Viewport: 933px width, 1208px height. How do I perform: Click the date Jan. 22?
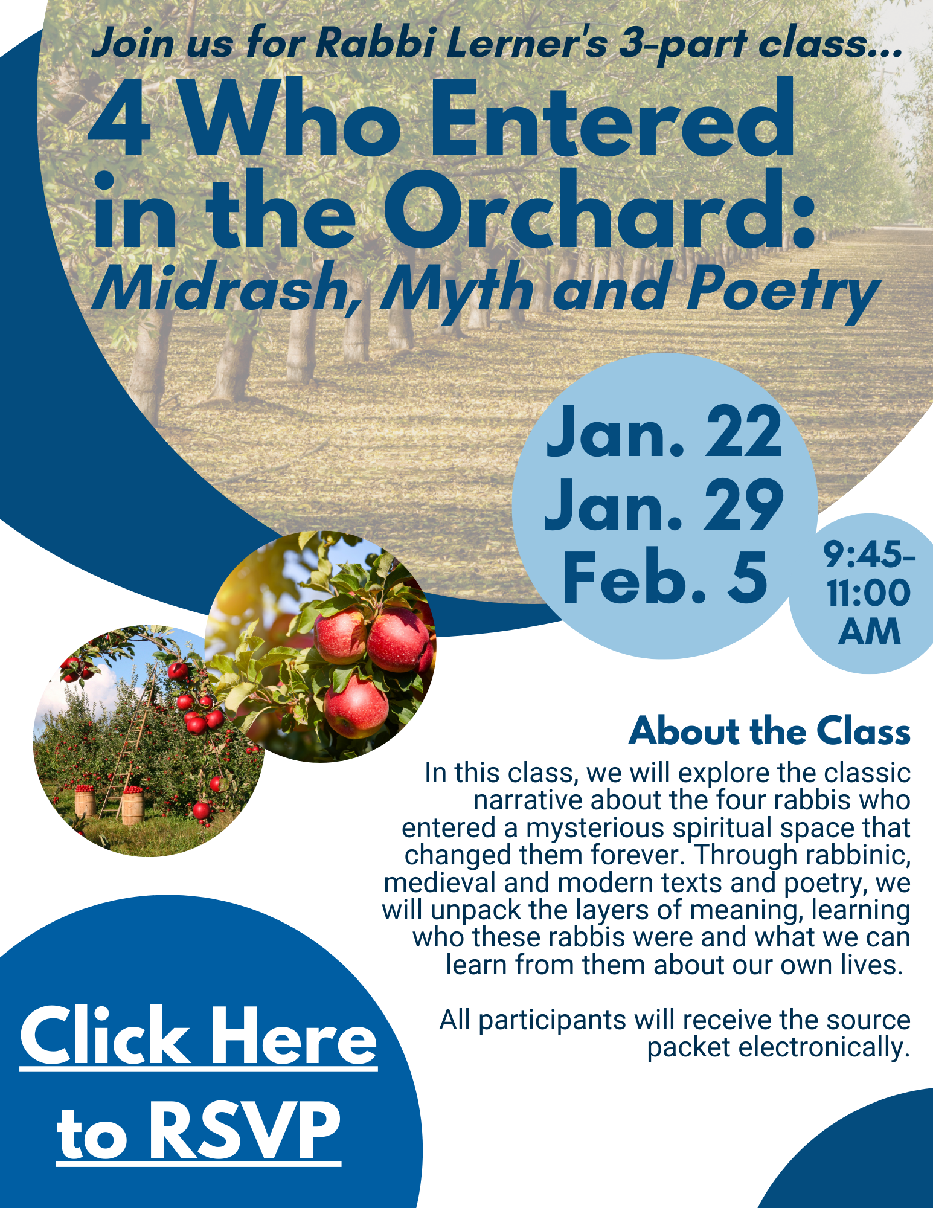pyautogui.click(x=664, y=432)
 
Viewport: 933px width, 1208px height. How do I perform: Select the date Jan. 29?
pyautogui.click(x=664, y=505)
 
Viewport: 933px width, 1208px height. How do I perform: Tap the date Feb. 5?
pyautogui.click(x=665, y=577)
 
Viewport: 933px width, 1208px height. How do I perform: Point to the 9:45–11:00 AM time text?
pyautogui.click(x=869, y=593)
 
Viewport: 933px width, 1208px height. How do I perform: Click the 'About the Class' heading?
pyautogui.click(x=769, y=731)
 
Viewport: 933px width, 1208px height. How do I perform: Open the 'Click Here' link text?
pyautogui.click(x=199, y=1037)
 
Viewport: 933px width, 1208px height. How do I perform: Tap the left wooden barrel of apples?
pyautogui.click(x=85, y=800)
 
